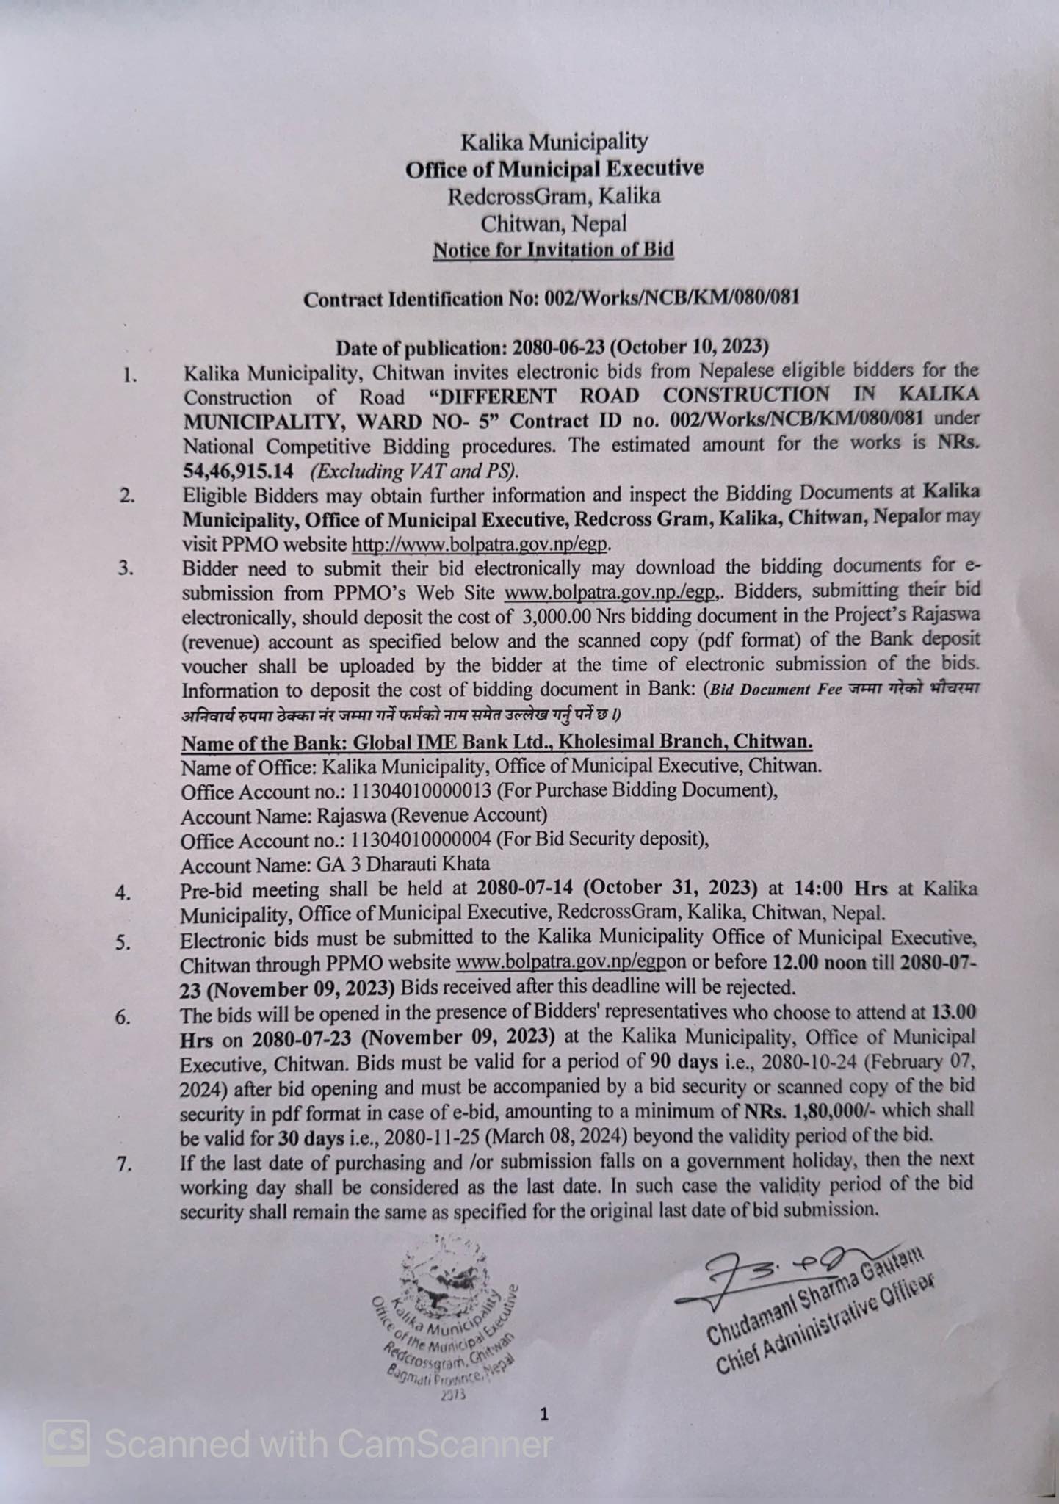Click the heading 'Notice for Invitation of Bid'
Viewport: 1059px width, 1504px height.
point(553,250)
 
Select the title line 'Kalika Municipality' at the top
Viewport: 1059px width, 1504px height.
point(554,140)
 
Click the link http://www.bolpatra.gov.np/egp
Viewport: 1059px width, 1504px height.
point(481,544)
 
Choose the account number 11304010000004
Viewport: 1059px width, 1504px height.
point(416,839)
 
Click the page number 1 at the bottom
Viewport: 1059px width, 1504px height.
point(544,1414)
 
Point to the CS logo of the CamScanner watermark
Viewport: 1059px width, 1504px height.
point(66,1442)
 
